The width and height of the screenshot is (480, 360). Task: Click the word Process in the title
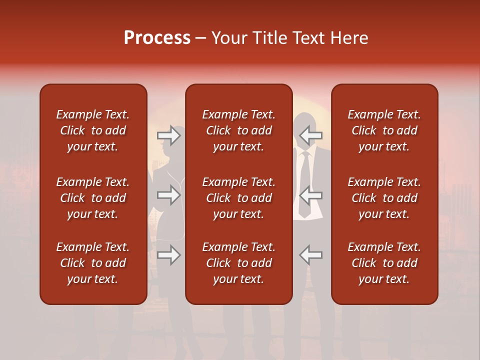157,38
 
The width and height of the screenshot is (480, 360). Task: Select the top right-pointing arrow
169,135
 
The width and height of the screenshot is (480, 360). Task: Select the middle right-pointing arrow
169,195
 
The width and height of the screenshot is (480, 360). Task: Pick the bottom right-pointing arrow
169,255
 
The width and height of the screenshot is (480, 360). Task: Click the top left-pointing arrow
310,135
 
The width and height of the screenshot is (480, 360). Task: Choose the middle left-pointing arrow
310,195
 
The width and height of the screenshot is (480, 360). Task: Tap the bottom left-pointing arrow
310,255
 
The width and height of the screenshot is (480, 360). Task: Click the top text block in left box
93,130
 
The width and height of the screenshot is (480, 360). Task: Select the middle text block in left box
93,198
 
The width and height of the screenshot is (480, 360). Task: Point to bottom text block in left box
93,263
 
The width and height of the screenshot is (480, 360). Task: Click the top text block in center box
238,130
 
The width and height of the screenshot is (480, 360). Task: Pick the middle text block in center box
238,198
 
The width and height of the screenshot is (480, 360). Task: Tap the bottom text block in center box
238,263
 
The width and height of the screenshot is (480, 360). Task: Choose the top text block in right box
384,130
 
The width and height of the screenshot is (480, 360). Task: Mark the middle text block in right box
384,198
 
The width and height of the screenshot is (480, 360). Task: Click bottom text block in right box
384,263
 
